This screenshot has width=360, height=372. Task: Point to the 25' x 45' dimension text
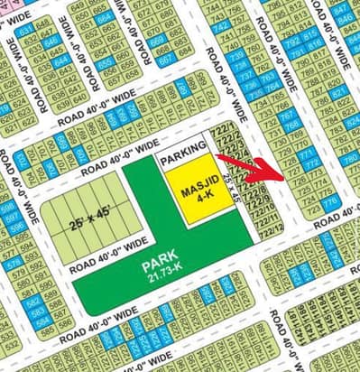click(80, 216)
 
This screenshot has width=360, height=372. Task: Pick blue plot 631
click(24, 31)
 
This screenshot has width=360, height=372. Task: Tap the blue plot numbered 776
click(329, 201)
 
